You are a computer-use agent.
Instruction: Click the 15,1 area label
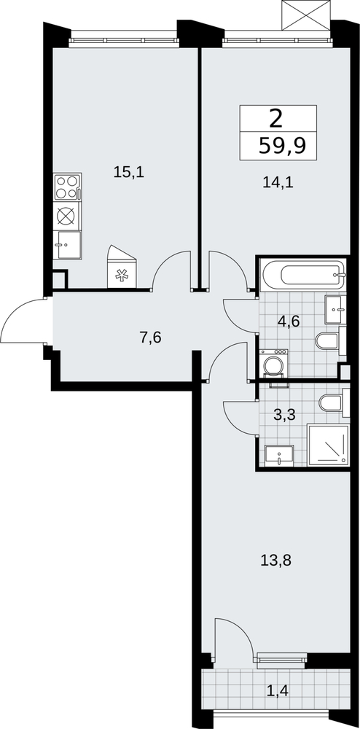pos(129,173)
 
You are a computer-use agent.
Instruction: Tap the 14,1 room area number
pos(278,183)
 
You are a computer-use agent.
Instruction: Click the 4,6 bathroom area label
pos(288,321)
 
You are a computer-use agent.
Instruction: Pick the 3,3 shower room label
pos(284,415)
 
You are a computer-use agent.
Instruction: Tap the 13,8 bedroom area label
pos(277,561)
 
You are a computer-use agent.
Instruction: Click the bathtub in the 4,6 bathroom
pos(304,275)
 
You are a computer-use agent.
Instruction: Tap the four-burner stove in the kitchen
pos(67,187)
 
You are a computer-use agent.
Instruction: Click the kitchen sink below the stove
pos(67,245)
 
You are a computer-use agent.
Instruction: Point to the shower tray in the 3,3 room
pos(329,445)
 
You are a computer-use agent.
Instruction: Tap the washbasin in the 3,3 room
pos(279,455)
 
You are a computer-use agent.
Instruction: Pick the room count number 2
pos(275,120)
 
